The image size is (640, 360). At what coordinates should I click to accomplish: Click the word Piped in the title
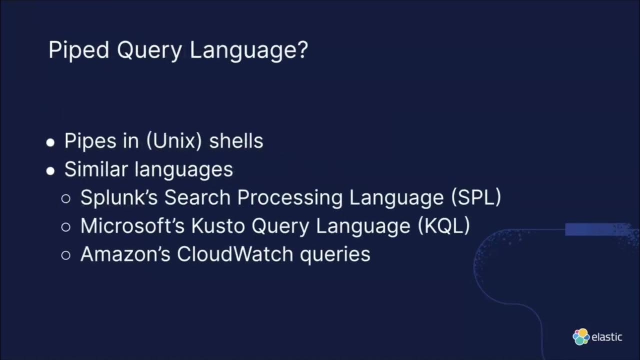pyautogui.click(x=78, y=50)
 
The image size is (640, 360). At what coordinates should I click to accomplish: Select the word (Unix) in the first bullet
pyautogui.click(x=174, y=141)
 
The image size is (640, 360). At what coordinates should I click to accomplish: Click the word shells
pyautogui.click(x=236, y=141)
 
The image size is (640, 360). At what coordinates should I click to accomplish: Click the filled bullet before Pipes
pyautogui.click(x=50, y=142)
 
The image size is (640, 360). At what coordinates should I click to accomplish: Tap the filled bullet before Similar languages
pyautogui.click(x=50, y=171)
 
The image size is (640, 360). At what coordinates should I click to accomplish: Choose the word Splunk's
pyautogui.click(x=119, y=197)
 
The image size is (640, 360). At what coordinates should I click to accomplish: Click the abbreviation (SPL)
pyautogui.click(x=476, y=197)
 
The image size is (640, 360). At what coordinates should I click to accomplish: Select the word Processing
pyautogui.click(x=290, y=197)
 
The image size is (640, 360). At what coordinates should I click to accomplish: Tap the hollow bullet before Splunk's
pyautogui.click(x=66, y=198)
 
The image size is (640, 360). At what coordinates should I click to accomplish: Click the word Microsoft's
pyautogui.click(x=132, y=226)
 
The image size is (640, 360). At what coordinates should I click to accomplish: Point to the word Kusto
pyautogui.click(x=218, y=226)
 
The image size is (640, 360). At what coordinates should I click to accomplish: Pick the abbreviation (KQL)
pyautogui.click(x=444, y=226)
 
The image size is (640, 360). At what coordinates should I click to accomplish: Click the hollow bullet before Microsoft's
pyautogui.click(x=66, y=227)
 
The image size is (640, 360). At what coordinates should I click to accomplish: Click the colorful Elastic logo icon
pyautogui.click(x=581, y=336)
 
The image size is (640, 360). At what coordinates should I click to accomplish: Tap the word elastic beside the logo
pyautogui.click(x=606, y=337)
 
